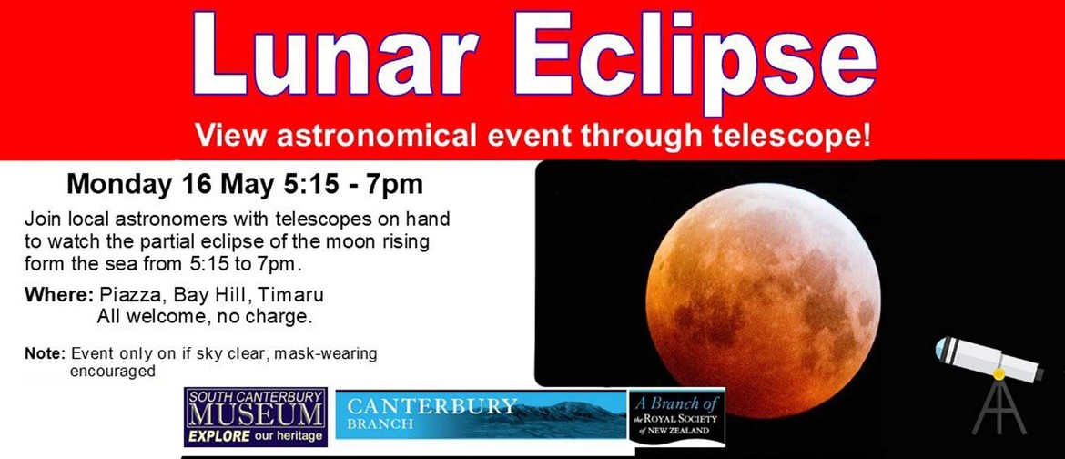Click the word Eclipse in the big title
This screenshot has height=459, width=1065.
695,61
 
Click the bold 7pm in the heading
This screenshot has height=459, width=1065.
395,184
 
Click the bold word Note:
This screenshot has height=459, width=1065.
45,353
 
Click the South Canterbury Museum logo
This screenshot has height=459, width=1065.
256,417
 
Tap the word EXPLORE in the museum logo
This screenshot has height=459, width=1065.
219,436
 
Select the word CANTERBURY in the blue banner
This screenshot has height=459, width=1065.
432,406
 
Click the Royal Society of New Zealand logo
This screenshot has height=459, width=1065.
676,417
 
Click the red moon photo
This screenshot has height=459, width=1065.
763,300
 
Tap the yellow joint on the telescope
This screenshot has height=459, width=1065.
999,373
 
